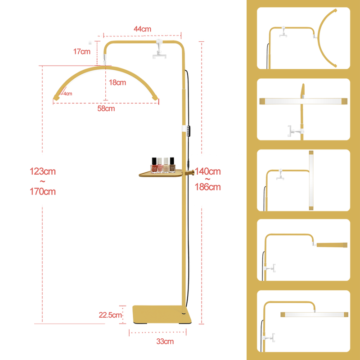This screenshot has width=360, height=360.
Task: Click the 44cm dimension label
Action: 142,29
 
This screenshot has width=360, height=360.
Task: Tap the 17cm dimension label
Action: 82,51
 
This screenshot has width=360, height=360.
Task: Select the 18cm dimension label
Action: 117,82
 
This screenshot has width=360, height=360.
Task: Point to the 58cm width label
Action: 106,108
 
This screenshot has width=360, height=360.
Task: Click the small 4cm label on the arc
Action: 68,94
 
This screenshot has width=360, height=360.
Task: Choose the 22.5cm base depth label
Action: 110,315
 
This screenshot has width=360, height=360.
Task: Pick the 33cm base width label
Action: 165,342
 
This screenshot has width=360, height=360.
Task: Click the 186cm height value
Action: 208,187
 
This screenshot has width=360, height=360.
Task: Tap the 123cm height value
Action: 43,171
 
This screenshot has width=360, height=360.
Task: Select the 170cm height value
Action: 43,192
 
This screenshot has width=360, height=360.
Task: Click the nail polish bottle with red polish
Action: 154,165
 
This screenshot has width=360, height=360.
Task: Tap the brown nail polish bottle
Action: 172,165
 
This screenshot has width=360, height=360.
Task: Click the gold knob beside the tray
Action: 190,173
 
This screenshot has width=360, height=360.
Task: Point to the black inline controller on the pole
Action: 189,131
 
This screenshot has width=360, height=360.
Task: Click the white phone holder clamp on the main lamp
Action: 159,49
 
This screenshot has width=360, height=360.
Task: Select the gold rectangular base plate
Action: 162,314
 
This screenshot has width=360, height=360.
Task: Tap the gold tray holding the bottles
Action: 161,174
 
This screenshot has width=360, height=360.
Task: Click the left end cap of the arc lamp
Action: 56,98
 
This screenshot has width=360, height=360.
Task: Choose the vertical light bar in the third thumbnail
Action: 311,180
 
